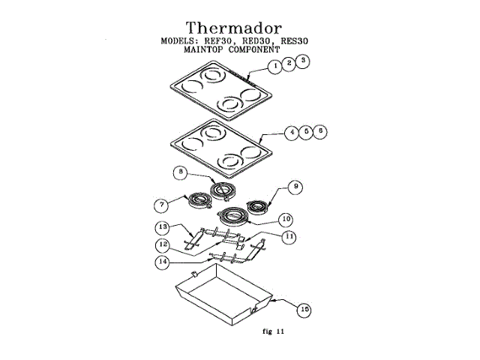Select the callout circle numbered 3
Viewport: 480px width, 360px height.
coord(301,60)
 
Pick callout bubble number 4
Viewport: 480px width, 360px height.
coord(291,132)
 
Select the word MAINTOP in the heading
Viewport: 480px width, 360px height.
coord(209,50)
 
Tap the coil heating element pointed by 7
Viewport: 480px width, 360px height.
coord(199,200)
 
